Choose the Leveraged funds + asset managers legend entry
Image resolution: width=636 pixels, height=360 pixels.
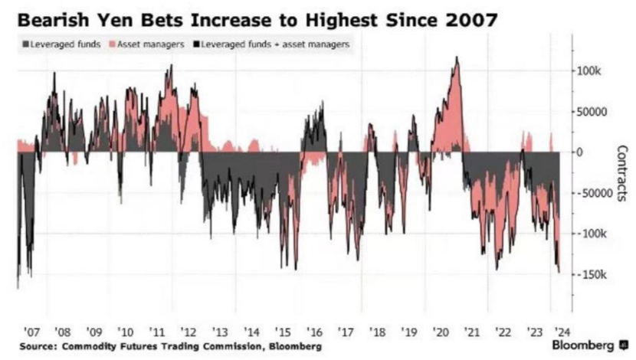click(x=273, y=44)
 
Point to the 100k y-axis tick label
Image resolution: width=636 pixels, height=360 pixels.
click(x=591, y=70)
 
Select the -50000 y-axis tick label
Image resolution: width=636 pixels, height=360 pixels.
click(x=596, y=193)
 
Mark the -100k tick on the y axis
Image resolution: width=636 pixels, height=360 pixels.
click(x=592, y=234)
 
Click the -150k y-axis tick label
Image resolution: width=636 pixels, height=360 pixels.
click(x=592, y=274)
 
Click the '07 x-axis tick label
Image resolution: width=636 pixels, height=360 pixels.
click(x=31, y=333)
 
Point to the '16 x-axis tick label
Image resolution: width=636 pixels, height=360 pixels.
click(x=315, y=333)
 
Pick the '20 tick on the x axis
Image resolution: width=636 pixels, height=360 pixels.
click(x=440, y=333)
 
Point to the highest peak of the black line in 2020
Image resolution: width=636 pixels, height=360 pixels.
click(x=457, y=57)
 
